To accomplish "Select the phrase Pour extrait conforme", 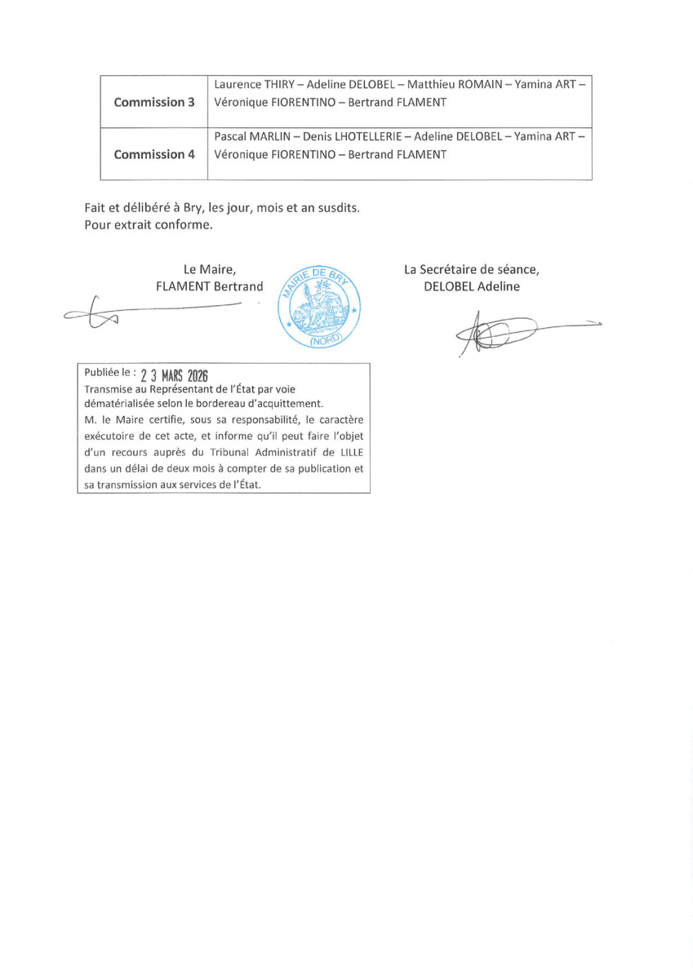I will tap(148, 225).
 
